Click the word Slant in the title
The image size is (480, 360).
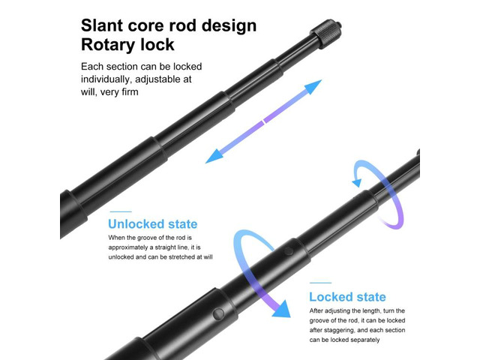[x=102, y=25]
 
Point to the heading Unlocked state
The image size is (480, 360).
[x=153, y=224]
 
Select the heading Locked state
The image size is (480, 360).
[x=347, y=297]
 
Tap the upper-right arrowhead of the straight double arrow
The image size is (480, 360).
[x=313, y=86]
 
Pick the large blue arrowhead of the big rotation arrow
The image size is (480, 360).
[x=282, y=309]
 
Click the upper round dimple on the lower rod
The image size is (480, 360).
[x=288, y=251]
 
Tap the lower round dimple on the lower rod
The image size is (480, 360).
[x=218, y=313]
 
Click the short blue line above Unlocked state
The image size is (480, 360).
[x=121, y=211]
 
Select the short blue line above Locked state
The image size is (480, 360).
[x=320, y=283]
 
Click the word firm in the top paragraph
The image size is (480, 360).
[x=130, y=91]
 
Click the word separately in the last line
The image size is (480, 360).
[x=365, y=340]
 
